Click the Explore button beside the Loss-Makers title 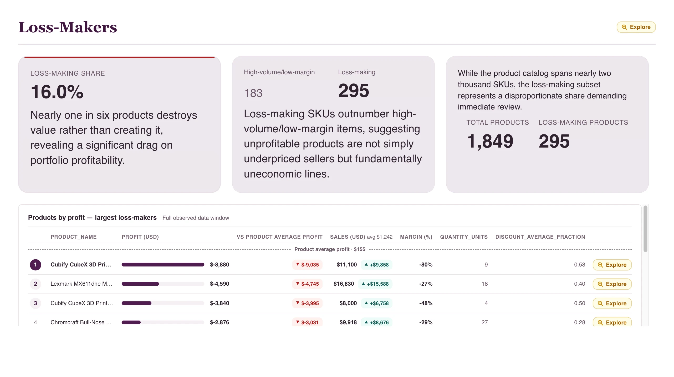coord(636,27)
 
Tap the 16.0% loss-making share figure coord(57,92)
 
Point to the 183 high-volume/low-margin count coord(253,93)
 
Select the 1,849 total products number coord(490,141)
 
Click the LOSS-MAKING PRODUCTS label coord(583,122)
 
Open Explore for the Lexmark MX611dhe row coord(612,284)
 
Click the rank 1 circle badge coord(35,265)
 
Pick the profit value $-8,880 coord(219,265)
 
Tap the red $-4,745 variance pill coord(307,284)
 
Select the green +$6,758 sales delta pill coord(376,303)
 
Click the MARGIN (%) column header coord(416,237)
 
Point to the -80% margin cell coord(426,265)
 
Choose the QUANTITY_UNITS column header coord(464,237)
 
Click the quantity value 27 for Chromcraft coord(484,322)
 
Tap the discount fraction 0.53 coord(579,265)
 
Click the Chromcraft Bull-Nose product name coord(81,322)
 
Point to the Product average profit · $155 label coord(330,249)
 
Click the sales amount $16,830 coord(344,284)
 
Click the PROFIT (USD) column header coord(140,237)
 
